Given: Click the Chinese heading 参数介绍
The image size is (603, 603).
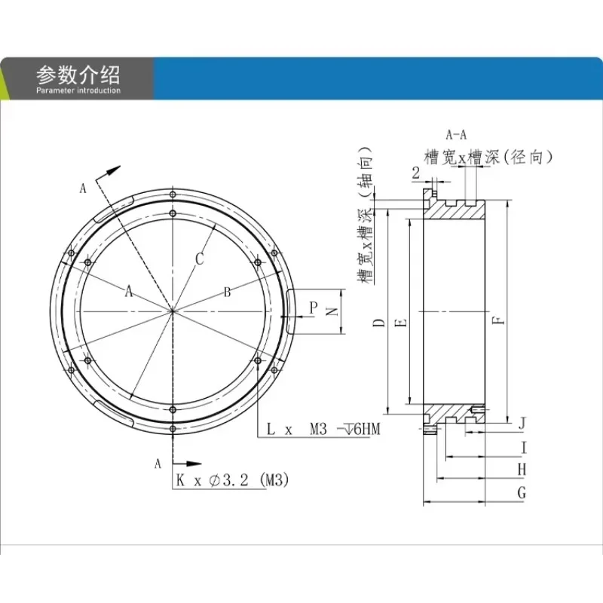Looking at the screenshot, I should click(78, 75).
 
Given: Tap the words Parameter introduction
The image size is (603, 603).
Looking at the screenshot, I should click(78, 90).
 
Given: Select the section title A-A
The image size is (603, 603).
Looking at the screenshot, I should click(457, 135).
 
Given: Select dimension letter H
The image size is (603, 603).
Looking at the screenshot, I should click(521, 470).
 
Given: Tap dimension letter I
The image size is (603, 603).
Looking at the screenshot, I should click(523, 448).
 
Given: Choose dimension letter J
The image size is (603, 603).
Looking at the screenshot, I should click(522, 424).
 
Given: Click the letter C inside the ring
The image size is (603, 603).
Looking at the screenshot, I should click(200, 259).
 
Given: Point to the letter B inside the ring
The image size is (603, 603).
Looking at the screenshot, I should click(227, 292).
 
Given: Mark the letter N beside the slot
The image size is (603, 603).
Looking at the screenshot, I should click(329, 311).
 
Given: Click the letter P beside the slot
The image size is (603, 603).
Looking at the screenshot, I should click(313, 307).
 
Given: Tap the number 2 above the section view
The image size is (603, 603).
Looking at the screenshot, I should click(416, 173).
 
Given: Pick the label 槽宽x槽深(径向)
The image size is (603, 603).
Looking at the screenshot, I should click(490, 157).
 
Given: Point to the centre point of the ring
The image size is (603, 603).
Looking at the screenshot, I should click(173, 311).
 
